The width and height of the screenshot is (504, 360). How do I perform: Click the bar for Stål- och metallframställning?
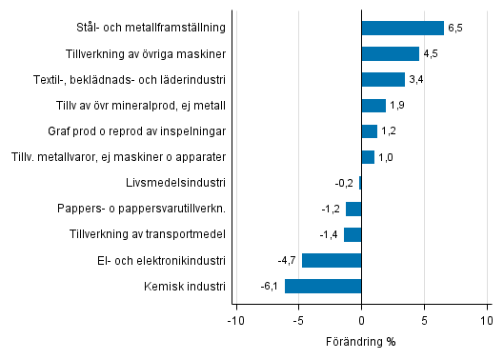pyautogui.click(x=403, y=28)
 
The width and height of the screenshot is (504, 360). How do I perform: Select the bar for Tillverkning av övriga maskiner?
pyautogui.click(x=391, y=53)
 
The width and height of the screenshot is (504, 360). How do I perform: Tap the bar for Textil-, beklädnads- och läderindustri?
pyautogui.click(x=383, y=79)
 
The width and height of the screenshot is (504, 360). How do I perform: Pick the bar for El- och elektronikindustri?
pyautogui.click(x=332, y=260)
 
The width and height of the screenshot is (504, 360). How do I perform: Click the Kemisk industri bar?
pyautogui.click(x=323, y=286)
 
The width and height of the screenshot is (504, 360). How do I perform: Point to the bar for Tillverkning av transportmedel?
pyautogui.click(x=353, y=234)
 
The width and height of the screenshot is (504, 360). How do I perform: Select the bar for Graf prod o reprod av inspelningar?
pyautogui.click(x=370, y=131)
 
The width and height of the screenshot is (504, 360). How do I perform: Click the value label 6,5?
pyautogui.click(x=455, y=29)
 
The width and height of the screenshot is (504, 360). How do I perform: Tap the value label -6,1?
pyautogui.click(x=271, y=286)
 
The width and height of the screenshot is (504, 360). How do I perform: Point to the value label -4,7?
pyautogui.click(x=288, y=260)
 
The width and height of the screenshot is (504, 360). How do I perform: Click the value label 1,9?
pyautogui.click(x=397, y=106)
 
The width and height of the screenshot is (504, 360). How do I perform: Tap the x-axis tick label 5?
pyautogui.click(x=425, y=321)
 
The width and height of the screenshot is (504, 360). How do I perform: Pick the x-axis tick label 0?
pyautogui.click(x=362, y=321)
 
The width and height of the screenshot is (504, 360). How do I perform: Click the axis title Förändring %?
pyautogui.click(x=362, y=342)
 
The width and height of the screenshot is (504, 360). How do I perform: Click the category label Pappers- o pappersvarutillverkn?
pyautogui.click(x=150, y=209)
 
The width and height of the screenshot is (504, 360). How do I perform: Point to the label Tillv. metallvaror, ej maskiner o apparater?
pyautogui.click(x=118, y=157)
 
